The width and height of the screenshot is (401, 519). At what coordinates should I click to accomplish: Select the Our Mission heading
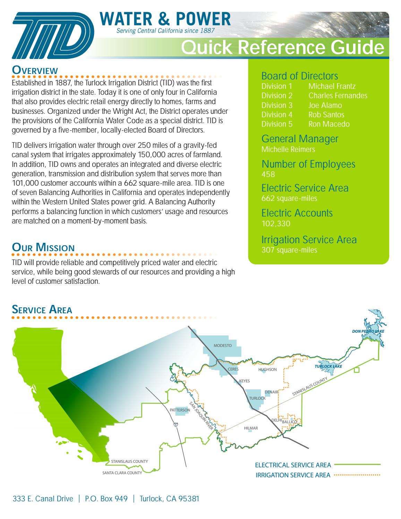point(43,248)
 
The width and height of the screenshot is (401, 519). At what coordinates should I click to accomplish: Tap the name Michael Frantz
point(332,86)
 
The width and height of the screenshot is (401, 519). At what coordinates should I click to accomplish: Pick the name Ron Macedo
point(329,124)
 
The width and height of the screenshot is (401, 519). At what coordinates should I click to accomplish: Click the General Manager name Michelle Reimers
point(288,150)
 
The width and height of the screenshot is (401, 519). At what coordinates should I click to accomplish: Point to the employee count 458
point(268,175)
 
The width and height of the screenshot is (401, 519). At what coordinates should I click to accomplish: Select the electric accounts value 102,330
point(276,224)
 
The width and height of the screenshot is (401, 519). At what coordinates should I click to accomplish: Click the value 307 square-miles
point(289,250)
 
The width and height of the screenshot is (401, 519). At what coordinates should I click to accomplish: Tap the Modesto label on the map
point(222,346)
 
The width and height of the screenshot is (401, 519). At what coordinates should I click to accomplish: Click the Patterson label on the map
point(180,410)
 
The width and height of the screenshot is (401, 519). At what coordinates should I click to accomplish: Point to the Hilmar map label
point(251,428)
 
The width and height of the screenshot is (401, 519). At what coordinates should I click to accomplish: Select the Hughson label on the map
point(267,369)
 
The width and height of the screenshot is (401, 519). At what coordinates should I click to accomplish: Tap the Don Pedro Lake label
point(368,331)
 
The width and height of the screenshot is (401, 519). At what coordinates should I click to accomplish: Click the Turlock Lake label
point(328,366)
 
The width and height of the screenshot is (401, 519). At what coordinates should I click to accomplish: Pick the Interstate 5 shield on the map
point(176,424)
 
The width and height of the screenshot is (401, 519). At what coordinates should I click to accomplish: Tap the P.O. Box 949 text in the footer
point(106,499)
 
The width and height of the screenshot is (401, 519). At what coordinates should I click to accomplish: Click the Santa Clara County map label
point(122,473)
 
